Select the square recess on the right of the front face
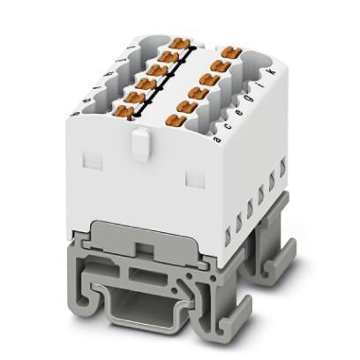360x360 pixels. tap(193, 176)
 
